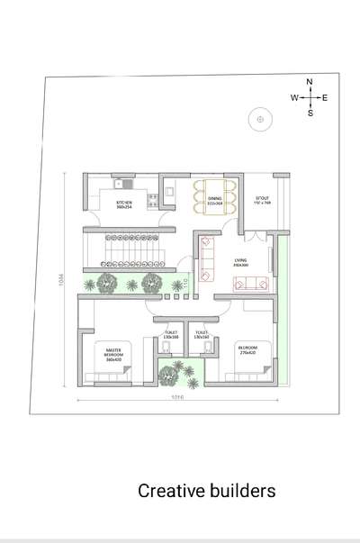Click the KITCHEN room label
124,205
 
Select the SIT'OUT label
262,201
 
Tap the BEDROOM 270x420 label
249,349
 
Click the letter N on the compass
310,82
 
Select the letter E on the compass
325,97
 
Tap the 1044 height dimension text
59,281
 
